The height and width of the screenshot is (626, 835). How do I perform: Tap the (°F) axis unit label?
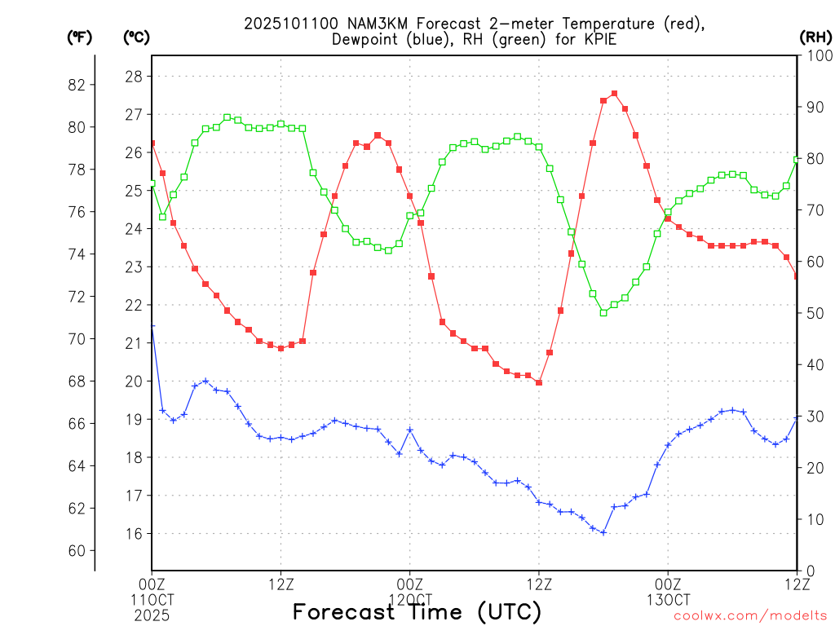pos(80,37)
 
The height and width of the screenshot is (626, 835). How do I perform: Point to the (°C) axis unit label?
pos(137,37)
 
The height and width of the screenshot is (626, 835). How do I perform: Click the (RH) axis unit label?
pos(815,37)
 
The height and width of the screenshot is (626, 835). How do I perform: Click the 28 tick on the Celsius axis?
pos(133,77)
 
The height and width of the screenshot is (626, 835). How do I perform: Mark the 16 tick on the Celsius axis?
pos(133,534)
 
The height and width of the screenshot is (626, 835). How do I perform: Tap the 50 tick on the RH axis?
pos(813,313)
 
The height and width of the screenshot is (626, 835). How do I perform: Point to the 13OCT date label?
pos(669,599)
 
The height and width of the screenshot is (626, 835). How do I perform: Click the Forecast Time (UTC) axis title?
pos(417,611)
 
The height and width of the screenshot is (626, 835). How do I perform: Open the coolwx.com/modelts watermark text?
pos(750,616)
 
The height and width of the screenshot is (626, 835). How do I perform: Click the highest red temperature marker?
pos(614,94)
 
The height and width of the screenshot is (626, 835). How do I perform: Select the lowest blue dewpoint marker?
pos(603,532)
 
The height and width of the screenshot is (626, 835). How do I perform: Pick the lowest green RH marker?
pos(603,312)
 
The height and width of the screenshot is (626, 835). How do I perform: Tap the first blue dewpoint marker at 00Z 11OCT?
pos(152,326)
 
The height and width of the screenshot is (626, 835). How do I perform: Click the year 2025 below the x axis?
pos(152,614)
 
